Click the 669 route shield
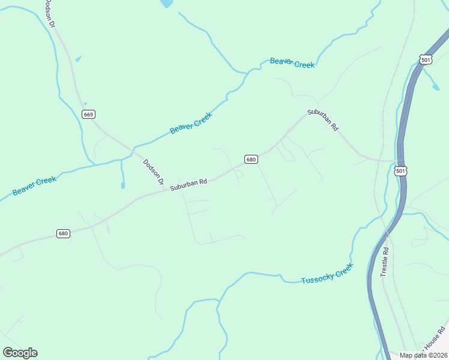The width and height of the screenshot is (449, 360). [x=88, y=114]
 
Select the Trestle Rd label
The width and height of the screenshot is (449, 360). [x=385, y=262]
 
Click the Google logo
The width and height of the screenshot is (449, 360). [x=20, y=353]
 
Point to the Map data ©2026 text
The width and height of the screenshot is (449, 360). [x=423, y=355]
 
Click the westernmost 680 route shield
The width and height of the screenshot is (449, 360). [x=64, y=233]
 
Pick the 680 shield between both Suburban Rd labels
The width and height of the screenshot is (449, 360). [x=251, y=159]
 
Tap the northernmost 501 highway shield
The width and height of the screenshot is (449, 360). [x=426, y=60]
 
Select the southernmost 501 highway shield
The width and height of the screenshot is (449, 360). [x=401, y=171]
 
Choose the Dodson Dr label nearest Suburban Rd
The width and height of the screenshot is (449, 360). [x=153, y=173]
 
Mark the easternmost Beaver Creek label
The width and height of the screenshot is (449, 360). [x=292, y=63]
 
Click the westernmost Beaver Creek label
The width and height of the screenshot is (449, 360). [x=34, y=185]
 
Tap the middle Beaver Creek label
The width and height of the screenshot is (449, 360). [x=191, y=121]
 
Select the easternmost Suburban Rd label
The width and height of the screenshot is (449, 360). [x=323, y=120]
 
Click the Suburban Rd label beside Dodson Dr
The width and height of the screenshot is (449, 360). [x=188, y=184]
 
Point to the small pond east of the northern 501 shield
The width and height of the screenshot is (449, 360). [x=435, y=87]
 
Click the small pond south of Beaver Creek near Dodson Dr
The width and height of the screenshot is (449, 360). [x=122, y=185]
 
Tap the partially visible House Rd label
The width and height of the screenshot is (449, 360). [x=433, y=339]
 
